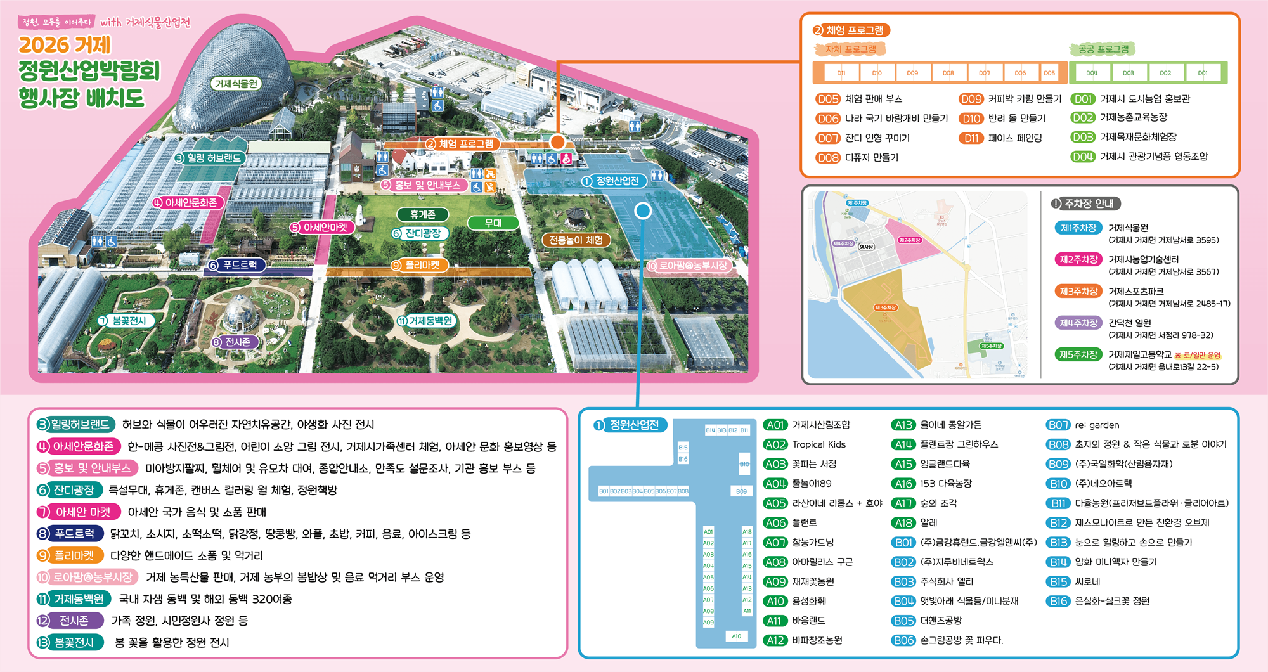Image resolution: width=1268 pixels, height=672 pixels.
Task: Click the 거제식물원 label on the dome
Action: pos(236,84)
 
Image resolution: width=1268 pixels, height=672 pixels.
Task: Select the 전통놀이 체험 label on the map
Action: pos(576,240)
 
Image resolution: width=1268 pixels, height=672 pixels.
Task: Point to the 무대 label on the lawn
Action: pos(493,223)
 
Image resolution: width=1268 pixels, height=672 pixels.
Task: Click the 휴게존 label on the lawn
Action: pos(422,215)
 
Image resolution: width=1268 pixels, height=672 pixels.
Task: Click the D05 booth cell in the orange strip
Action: pos(1049,73)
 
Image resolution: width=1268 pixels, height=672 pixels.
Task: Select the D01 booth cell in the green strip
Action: pos(1202,73)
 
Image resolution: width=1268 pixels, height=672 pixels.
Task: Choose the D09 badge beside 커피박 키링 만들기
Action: pos(971,99)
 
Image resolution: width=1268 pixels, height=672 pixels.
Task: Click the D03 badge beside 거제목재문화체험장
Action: pos(1083,137)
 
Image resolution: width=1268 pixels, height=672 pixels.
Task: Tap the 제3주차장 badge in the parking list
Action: pos(1078,292)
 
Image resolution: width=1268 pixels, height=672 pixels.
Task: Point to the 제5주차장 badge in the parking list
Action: pos(1078,355)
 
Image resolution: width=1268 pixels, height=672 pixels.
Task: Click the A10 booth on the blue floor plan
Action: pos(736,636)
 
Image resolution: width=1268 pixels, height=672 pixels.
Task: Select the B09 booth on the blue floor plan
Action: pos(741,491)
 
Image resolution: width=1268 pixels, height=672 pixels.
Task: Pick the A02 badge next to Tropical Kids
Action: pos(775,444)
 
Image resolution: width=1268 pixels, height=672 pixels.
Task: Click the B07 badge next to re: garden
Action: pos(1058,425)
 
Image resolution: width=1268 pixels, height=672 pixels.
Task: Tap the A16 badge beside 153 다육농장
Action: pos(903,484)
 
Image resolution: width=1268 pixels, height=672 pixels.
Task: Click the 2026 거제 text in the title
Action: pos(65,45)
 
